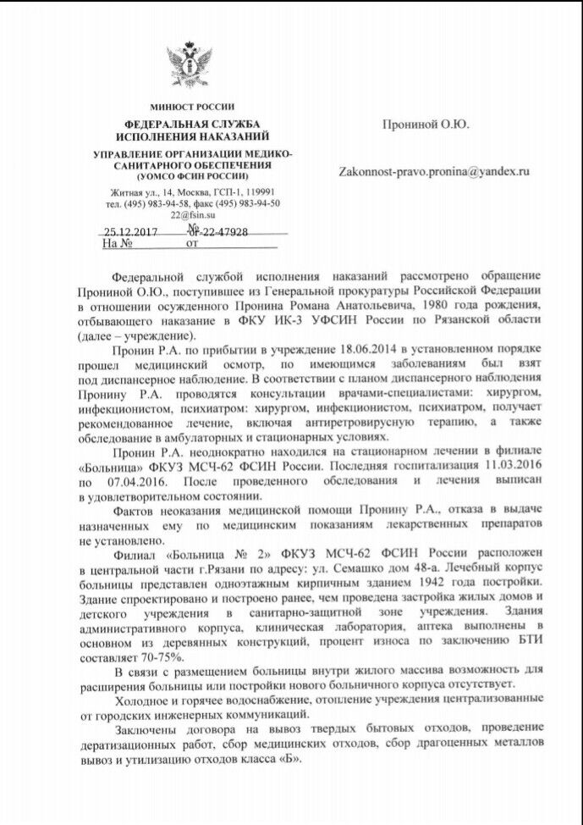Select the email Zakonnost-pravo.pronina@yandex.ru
pyautogui.click(x=434, y=170)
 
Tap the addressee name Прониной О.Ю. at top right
pyautogui.click(x=425, y=125)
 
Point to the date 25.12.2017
pyautogui.click(x=124, y=231)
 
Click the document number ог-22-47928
pyautogui.click(x=217, y=231)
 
